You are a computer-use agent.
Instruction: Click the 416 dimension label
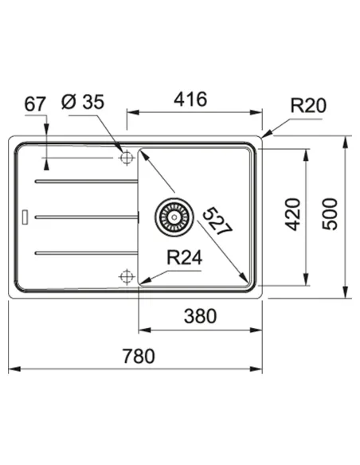[x=191, y=100]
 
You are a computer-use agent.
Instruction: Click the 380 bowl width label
[x=200, y=316]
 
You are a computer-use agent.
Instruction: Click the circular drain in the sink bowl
[x=170, y=214]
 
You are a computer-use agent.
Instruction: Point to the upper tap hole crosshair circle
[x=125, y=158]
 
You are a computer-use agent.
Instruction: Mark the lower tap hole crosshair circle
[x=125, y=276]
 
